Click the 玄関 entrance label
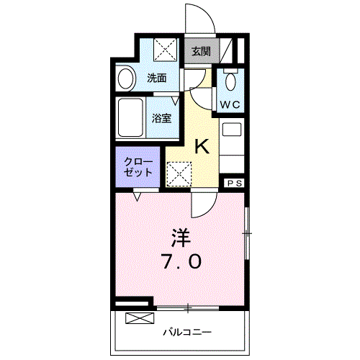click(201, 51)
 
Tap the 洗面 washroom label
click(157, 78)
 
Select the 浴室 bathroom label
click(161, 118)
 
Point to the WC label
click(230, 104)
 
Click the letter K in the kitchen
click(202, 147)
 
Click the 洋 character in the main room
click(180, 235)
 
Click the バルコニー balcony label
click(186, 332)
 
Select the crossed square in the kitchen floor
click(177, 172)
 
